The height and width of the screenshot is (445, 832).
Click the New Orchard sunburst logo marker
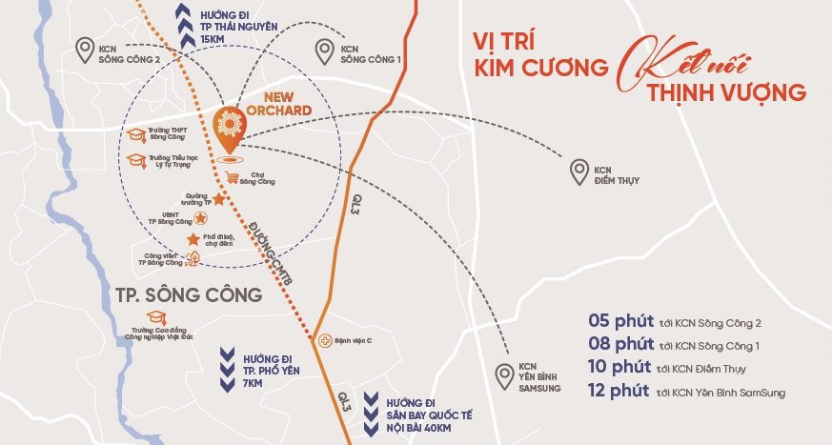click(x=228, y=126)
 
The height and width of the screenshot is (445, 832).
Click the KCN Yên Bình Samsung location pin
click(x=502, y=374)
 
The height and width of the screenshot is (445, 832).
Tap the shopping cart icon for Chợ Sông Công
click(x=233, y=176)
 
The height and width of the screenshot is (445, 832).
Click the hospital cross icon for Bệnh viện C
click(x=326, y=339)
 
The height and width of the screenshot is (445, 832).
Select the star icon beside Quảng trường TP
click(x=218, y=200)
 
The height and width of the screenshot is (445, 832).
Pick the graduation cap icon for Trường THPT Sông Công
click(x=139, y=133)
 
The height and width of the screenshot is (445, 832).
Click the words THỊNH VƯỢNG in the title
click(x=726, y=92)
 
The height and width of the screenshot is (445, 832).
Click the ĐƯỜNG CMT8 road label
click(x=257, y=249)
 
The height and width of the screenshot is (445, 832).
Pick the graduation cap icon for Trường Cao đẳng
click(x=154, y=317)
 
